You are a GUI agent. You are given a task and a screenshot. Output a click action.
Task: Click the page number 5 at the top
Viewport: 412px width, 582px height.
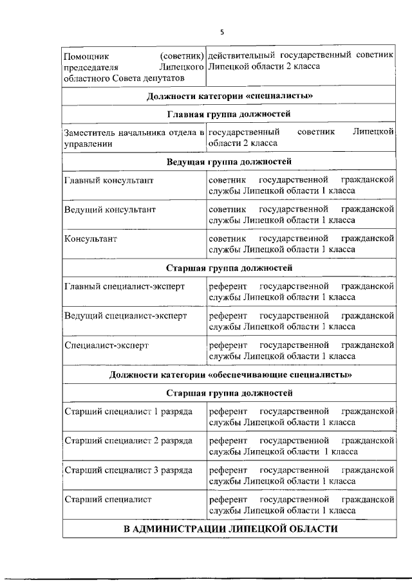point(222,32)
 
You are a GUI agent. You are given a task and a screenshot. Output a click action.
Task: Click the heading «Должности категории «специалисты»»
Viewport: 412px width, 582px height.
point(229,96)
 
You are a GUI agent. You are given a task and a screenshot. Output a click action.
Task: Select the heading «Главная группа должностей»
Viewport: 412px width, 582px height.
point(229,114)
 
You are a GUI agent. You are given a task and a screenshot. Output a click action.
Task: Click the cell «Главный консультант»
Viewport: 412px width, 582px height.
point(109,181)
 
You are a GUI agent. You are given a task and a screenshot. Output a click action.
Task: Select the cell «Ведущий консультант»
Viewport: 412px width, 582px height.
point(110,210)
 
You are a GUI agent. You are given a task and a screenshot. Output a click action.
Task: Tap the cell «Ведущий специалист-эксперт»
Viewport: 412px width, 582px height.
point(126,316)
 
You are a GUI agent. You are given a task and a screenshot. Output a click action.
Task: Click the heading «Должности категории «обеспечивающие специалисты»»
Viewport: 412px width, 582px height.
point(229,374)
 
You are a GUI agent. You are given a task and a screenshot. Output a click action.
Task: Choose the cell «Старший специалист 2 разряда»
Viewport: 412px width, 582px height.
point(128,441)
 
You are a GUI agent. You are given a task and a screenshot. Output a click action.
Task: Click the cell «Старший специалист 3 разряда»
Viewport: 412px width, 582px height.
point(128,470)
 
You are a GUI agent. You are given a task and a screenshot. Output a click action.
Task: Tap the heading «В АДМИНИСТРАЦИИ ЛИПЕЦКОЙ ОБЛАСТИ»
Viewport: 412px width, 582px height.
point(230,529)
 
